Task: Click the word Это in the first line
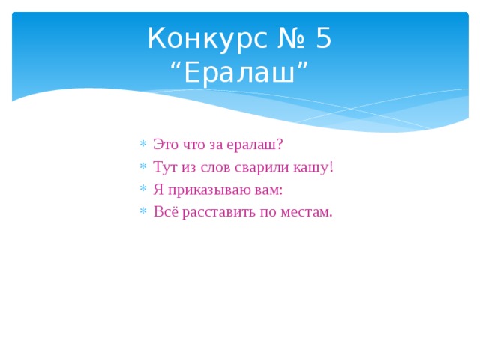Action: [x=166, y=145]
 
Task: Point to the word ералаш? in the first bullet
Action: [x=254, y=145]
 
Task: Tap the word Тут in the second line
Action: [x=164, y=167]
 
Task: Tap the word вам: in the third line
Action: [x=268, y=190]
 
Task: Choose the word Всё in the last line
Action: [x=165, y=212]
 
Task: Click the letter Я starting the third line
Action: [x=157, y=190]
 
